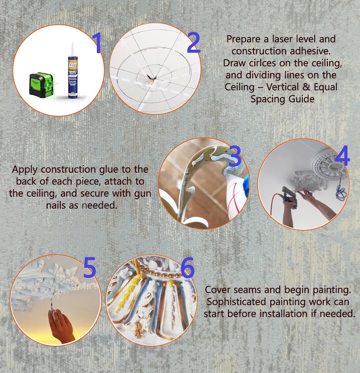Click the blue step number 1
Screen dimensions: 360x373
pos(97,43)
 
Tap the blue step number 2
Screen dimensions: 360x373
pos(194,43)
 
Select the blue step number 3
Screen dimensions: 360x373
pos(235,156)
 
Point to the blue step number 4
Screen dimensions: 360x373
pos(342,155)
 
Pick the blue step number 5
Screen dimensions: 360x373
pos(90,267)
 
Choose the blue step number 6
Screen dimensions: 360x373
pos(188,267)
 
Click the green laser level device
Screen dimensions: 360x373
pos(41,85)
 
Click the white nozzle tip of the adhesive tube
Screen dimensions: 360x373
pos(73,49)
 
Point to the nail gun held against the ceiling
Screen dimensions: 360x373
pos(289,194)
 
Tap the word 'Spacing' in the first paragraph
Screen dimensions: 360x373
pos(267,99)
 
